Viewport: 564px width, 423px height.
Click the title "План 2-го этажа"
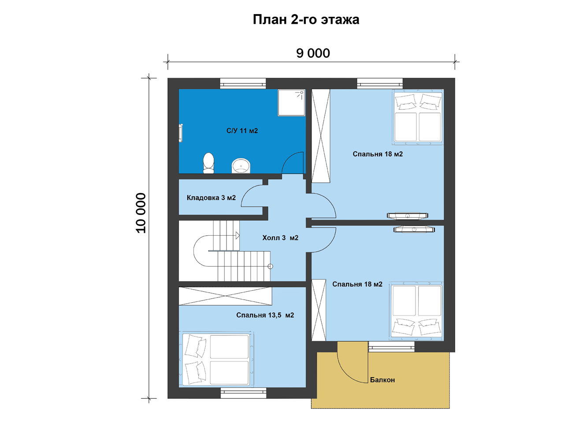coord(306,20)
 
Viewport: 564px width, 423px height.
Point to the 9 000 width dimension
coord(313,53)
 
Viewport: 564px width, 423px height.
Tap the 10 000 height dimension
coord(141,213)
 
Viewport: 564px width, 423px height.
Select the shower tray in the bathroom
coord(291,103)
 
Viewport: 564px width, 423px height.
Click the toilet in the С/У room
coord(208,163)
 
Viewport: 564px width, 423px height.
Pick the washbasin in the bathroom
coord(241,166)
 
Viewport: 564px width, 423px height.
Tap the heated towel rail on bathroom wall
coord(181,133)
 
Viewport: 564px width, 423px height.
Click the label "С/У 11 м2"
coord(242,131)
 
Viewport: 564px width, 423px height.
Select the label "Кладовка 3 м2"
coord(211,198)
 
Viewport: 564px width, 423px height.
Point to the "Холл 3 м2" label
coord(280,238)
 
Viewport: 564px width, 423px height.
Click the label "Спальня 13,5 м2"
coord(265,315)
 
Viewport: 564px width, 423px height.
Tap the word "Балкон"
coord(382,380)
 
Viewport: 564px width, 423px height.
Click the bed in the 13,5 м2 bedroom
coord(216,360)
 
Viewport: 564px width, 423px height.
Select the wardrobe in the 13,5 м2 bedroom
coord(225,296)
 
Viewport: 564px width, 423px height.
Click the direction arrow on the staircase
coord(237,235)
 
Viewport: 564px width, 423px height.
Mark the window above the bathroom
coord(243,84)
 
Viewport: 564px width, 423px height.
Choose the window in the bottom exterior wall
coord(243,393)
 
